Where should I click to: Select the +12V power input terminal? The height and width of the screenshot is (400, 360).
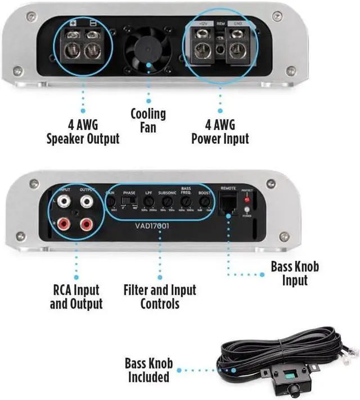tap(203, 50)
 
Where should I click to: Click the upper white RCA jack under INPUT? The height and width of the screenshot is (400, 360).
tap(64, 201)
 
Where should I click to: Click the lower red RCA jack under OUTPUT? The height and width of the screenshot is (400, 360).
tap(86, 225)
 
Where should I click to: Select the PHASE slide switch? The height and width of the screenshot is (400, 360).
tap(130, 200)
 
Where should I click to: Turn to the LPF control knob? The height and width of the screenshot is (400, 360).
tap(148, 201)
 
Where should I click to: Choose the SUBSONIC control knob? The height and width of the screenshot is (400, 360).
tap(167, 201)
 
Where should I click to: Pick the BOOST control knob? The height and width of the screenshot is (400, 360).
tap(205, 201)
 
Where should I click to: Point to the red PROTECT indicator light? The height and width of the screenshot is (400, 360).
tap(246, 201)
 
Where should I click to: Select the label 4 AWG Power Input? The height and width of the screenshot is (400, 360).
tap(220, 131)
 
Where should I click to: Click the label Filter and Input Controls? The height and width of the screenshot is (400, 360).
tap(160, 297)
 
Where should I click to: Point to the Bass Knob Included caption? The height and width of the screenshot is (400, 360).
tap(148, 369)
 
